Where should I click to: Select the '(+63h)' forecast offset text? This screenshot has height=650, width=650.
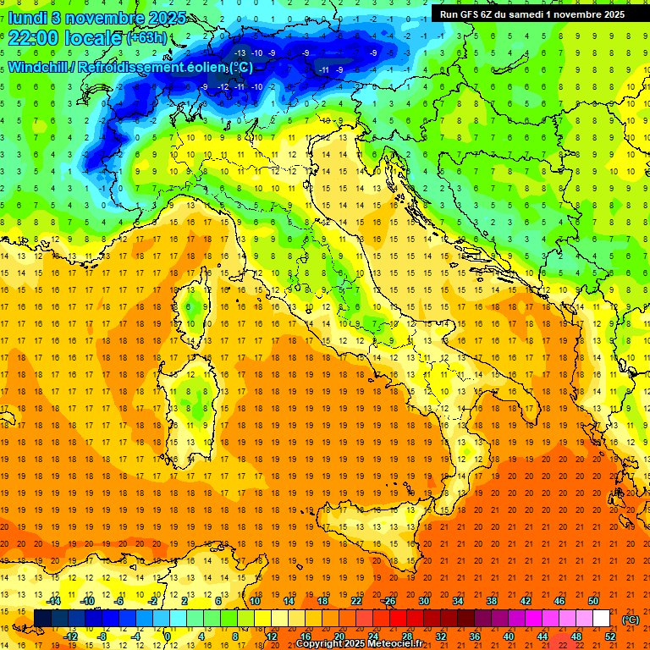tap(146, 38)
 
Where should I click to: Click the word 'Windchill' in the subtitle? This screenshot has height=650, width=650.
tap(39, 67)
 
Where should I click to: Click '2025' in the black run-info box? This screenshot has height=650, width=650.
tap(609, 14)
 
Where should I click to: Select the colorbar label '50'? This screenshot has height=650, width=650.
tap(593, 600)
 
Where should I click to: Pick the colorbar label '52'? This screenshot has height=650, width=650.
tap(610, 636)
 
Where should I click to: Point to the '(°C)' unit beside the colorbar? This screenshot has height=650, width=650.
tap(631, 619)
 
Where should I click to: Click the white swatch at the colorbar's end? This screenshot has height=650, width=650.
tap(602, 619)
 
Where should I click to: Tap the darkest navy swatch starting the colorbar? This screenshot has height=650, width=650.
tap(42, 619)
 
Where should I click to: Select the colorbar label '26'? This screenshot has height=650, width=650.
tap(390, 600)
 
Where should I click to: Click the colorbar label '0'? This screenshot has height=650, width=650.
tap(168, 636)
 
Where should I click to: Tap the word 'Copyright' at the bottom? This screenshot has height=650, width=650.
tap(319, 644)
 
